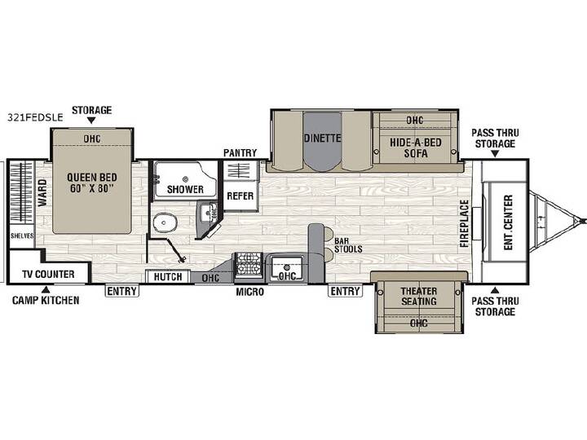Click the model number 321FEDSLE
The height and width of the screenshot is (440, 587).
click(x=35, y=117)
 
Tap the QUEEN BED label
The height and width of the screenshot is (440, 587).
click(x=91, y=178)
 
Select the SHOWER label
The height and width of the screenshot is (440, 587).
click(x=185, y=189)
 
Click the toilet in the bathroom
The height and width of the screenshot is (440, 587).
click(x=165, y=223)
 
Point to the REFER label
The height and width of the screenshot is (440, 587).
click(x=241, y=196)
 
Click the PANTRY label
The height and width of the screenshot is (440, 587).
click(x=240, y=152)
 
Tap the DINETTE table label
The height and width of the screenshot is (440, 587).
click(x=322, y=138)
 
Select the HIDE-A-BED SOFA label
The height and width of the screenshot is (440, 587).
click(x=416, y=147)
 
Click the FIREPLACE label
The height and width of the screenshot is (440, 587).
click(x=465, y=223)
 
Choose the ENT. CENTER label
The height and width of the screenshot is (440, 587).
click(x=508, y=222)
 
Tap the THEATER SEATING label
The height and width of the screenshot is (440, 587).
click(x=419, y=296)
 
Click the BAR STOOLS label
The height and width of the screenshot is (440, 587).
click(x=348, y=245)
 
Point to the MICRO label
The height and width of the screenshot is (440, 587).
click(x=249, y=292)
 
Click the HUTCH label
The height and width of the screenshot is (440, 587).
click(x=168, y=277)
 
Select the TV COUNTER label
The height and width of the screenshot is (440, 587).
click(x=48, y=275)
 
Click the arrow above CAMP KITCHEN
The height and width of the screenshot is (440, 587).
click(x=46, y=289)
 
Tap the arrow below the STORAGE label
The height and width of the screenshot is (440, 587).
click(x=91, y=121)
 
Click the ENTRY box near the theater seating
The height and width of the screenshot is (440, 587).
click(x=345, y=291)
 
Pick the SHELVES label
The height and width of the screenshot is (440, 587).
click(x=22, y=235)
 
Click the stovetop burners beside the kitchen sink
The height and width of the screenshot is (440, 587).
click(x=248, y=264)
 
